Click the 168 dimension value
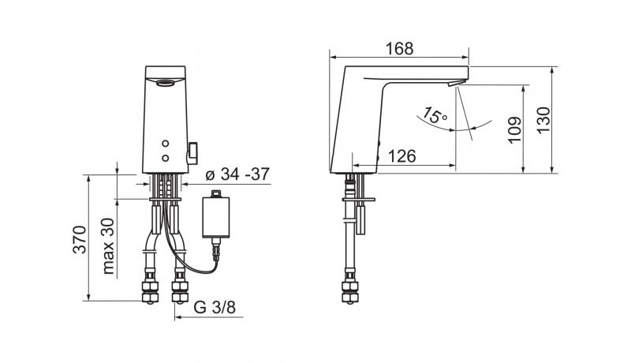(399, 48)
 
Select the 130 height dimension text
(542, 123)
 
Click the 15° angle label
(434, 116)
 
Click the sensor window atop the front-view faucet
(166, 82)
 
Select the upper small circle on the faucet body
(166, 144)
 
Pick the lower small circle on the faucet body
(166, 158)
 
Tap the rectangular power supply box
(217, 218)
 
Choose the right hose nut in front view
(180, 290)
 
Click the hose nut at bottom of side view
(348, 290)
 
